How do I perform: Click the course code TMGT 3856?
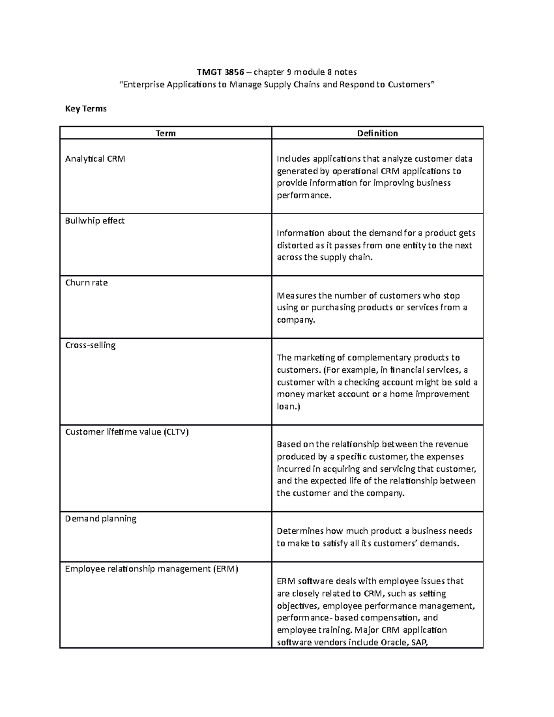[220, 72]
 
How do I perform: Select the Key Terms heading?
[86, 108]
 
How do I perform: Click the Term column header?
[165, 133]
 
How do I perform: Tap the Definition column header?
[377, 133]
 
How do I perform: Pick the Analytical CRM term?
[95, 159]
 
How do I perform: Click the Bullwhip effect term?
[95, 221]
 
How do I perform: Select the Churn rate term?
[86, 283]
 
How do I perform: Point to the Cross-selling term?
[90, 345]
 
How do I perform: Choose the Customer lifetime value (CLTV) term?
[127, 432]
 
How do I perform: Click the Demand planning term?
[101, 519]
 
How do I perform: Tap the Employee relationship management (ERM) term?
[151, 569]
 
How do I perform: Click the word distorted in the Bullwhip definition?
[295, 246]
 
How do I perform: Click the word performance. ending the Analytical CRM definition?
[304, 195]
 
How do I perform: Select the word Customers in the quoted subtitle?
[409, 84]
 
